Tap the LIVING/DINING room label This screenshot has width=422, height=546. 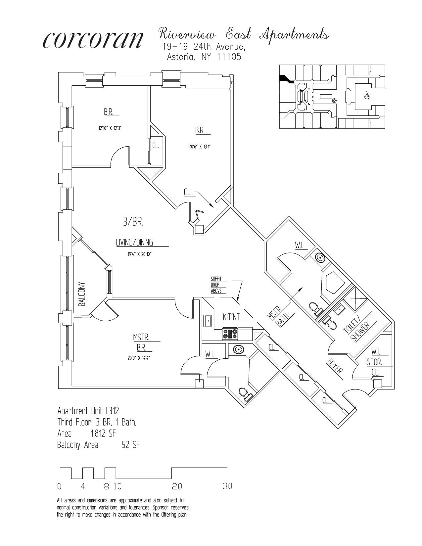[x=134, y=242]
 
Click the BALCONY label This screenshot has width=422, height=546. [x=82, y=294]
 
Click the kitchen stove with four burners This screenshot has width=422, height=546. [x=230, y=334]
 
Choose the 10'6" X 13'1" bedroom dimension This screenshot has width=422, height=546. [x=200, y=147]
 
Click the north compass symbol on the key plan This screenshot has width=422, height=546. [x=366, y=96]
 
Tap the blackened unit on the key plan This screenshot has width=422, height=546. [x=286, y=79]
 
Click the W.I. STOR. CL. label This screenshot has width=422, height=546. [x=375, y=362]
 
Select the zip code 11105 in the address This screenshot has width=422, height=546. [x=229, y=57]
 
